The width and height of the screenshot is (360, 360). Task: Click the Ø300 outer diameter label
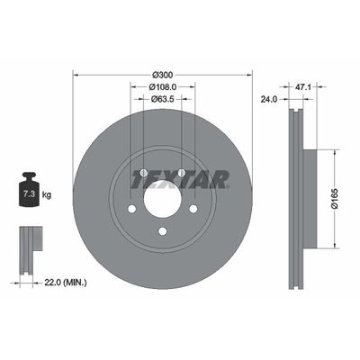(162, 73)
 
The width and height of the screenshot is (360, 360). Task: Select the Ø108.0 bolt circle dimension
(162, 87)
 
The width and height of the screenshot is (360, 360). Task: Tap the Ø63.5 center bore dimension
(162, 101)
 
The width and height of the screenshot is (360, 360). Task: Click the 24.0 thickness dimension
(268, 100)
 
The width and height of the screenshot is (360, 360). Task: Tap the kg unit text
(46, 193)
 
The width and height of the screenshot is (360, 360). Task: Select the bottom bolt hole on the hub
(162, 231)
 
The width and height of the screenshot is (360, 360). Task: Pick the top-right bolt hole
(181, 174)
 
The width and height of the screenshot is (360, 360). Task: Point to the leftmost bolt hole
(132, 209)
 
